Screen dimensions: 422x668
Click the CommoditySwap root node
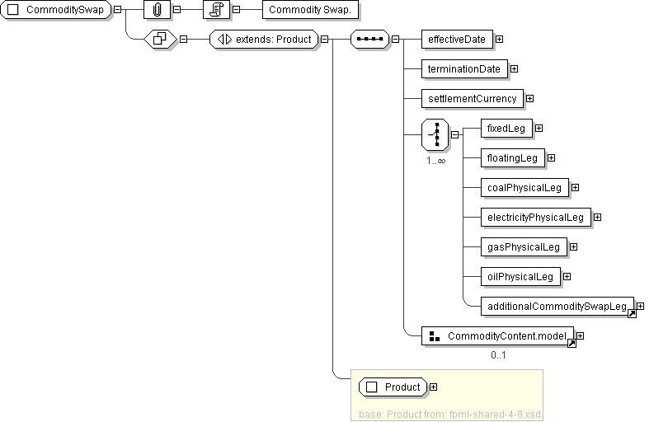(57, 9)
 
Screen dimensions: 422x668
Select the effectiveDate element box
(457, 39)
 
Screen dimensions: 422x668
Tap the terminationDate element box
(464, 68)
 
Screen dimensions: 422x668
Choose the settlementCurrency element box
(472, 98)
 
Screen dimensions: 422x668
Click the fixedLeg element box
(506, 128)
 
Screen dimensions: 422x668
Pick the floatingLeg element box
(512, 157)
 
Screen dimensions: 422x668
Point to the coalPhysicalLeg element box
(525, 187)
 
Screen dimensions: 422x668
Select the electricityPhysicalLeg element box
(535, 217)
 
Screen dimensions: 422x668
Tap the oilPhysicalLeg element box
(520, 276)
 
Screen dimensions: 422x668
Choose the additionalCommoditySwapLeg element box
(557, 306)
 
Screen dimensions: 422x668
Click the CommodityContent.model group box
(498, 336)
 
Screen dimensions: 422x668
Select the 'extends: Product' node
(264, 39)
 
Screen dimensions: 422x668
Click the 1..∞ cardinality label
(435, 161)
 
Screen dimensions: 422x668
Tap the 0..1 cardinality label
(498, 355)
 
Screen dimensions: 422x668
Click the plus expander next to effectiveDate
(500, 39)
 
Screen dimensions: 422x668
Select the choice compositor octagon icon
(435, 134)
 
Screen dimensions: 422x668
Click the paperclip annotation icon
(156, 9)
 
